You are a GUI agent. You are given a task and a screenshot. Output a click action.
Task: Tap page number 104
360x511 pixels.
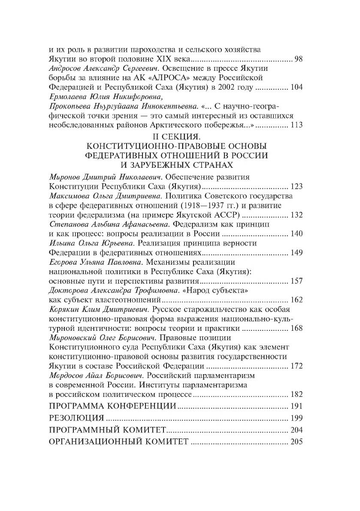click(296, 87)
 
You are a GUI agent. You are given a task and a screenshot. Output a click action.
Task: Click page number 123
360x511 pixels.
click(296, 186)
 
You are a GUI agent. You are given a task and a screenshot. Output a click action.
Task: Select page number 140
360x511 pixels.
click(296, 233)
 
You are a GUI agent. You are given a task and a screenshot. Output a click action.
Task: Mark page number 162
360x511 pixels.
click(296, 299)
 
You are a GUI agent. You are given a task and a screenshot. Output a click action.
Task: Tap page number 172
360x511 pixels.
click(296, 366)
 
